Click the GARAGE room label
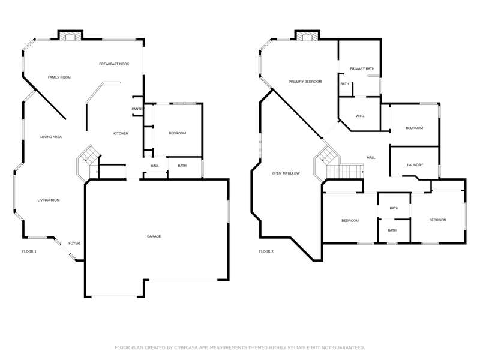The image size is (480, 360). (154, 236)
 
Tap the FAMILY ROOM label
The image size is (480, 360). (59, 77)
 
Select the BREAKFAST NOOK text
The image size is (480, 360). (114, 64)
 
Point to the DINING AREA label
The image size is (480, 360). (51, 137)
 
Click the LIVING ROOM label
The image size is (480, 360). (49, 200)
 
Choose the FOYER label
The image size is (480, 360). (74, 244)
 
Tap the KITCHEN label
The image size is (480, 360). (121, 133)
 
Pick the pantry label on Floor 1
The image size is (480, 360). (137, 109)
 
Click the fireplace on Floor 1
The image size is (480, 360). (70, 35)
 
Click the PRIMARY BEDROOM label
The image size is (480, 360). (305, 82)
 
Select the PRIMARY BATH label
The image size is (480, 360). (362, 68)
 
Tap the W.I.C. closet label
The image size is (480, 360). (360, 116)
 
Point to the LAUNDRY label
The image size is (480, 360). (415, 165)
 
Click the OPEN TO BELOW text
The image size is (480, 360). (286, 173)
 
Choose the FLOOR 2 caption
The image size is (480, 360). (266, 251)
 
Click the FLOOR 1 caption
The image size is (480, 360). (29, 251)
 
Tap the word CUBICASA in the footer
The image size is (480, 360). (186, 347)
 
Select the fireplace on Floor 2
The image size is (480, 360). (307, 35)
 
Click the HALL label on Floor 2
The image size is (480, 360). (371, 158)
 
